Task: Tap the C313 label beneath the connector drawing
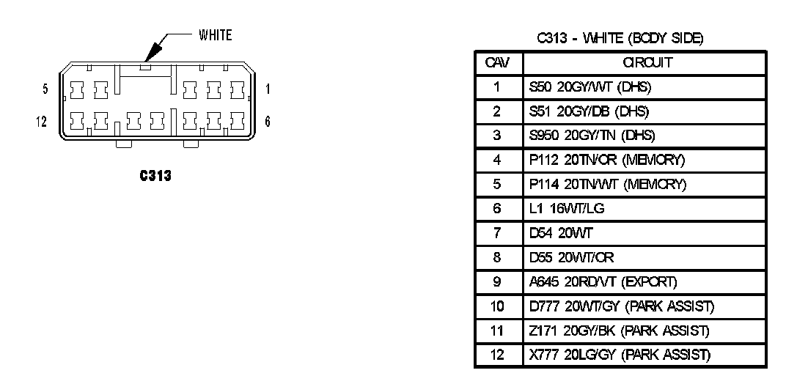[x=155, y=176]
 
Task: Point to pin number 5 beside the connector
[x=45, y=89]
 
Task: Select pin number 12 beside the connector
[x=42, y=122]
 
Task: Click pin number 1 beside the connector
[x=268, y=89]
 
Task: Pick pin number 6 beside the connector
[x=268, y=122]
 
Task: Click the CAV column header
[x=497, y=63]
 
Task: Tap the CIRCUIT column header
[x=643, y=63]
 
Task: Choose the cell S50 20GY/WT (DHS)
[x=589, y=88]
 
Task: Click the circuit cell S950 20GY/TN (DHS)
[x=591, y=136]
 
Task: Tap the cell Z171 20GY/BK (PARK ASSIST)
[x=618, y=331]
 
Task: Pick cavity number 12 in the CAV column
[x=497, y=355]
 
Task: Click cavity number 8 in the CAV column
[x=497, y=257]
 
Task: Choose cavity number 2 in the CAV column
[x=497, y=111]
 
